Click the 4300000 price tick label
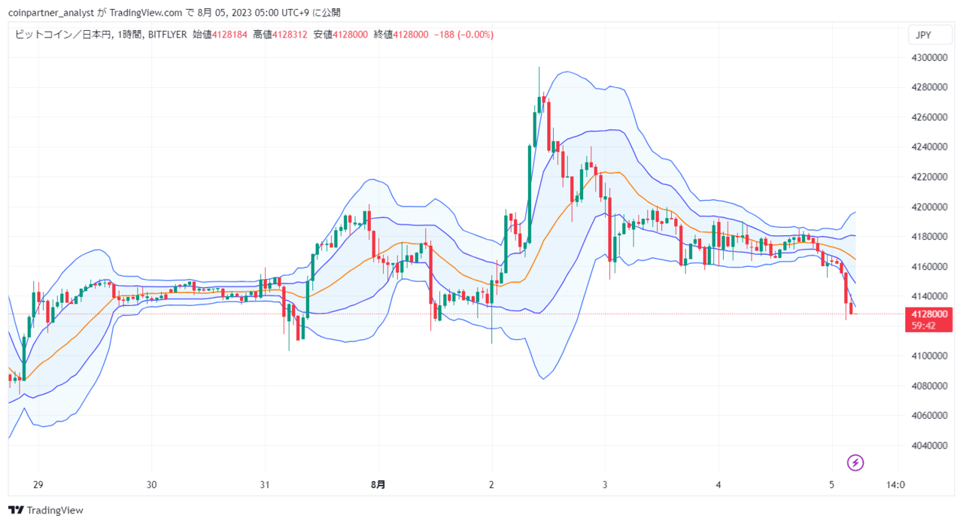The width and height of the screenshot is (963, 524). (929, 58)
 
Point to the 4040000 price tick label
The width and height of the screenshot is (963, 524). (929, 445)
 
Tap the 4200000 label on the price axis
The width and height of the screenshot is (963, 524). (929, 207)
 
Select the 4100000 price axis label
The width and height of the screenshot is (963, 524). (929, 356)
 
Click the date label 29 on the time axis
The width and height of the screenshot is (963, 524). (38, 485)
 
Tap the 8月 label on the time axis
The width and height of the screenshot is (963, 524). (378, 485)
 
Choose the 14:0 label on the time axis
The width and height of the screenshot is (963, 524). (895, 485)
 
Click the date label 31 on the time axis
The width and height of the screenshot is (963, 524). (265, 485)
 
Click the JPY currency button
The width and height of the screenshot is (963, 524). (929, 35)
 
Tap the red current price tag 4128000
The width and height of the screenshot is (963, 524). (929, 314)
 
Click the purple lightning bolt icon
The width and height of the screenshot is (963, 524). (855, 462)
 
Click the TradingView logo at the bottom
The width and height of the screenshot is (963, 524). (46, 510)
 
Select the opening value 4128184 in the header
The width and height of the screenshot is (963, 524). (229, 35)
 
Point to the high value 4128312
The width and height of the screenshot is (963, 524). (290, 35)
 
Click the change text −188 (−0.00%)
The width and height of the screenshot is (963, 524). (464, 35)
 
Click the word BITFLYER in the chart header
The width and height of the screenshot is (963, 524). (168, 35)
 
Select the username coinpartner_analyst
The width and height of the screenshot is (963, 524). (51, 13)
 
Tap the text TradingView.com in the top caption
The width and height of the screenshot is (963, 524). (146, 13)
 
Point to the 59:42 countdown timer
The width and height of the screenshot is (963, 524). (923, 326)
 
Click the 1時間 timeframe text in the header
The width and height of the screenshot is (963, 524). (129, 35)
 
